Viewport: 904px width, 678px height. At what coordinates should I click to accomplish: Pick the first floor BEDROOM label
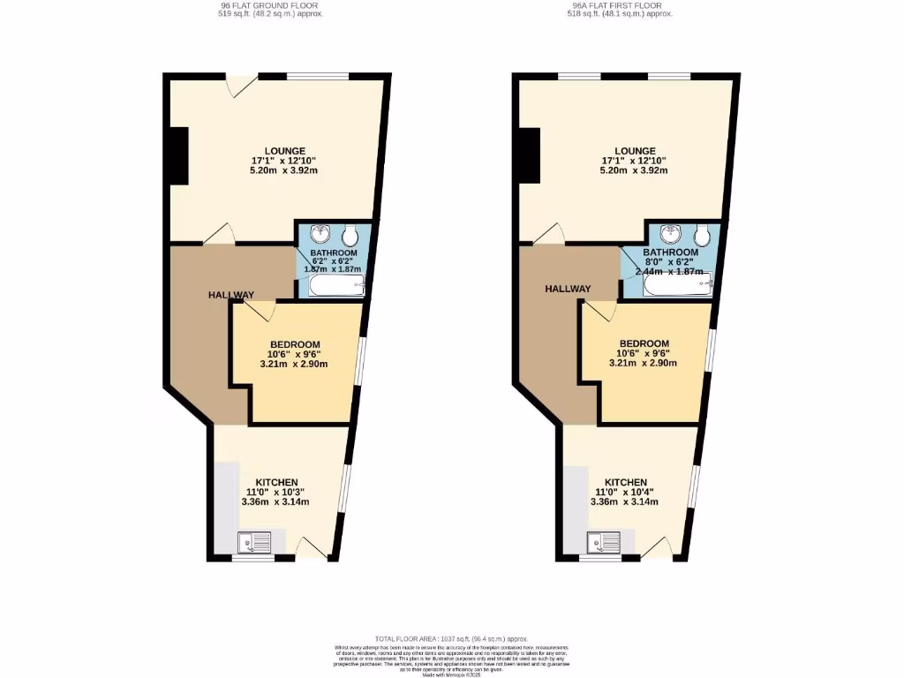(x=644, y=343)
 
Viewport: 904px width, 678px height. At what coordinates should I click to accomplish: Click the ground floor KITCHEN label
(x=275, y=482)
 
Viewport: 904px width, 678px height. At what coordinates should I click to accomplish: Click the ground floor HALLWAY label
(x=231, y=295)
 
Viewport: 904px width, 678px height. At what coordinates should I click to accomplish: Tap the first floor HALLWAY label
(x=567, y=289)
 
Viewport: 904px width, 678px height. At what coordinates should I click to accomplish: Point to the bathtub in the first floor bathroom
(x=676, y=282)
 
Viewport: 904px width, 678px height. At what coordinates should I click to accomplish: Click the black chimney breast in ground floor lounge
(x=178, y=156)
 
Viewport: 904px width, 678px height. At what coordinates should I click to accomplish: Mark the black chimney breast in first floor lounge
(x=529, y=156)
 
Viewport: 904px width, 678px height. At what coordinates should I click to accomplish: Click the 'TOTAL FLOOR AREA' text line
(x=451, y=638)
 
